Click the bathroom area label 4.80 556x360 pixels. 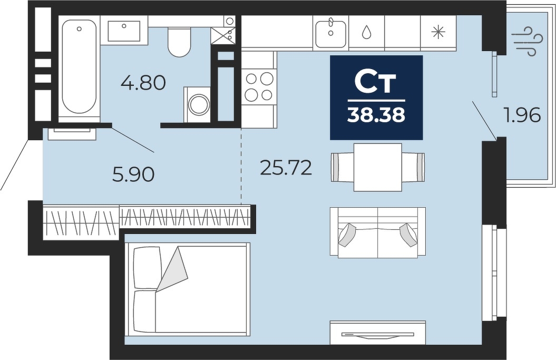point(143,83)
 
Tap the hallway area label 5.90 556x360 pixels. point(133,174)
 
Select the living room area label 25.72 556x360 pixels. point(286,168)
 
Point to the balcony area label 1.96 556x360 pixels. point(523,115)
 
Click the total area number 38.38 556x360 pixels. point(376,115)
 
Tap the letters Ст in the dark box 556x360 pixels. point(376,83)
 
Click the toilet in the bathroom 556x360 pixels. point(179,42)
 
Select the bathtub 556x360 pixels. point(79,66)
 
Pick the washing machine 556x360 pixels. point(197,105)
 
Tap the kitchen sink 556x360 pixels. point(330,33)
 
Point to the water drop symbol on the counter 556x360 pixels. point(366,32)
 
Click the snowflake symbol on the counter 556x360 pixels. point(438,33)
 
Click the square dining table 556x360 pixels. point(378,168)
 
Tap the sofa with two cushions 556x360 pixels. point(378,232)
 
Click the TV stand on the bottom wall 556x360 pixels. point(378,333)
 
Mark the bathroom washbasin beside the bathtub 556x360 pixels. point(124,31)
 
